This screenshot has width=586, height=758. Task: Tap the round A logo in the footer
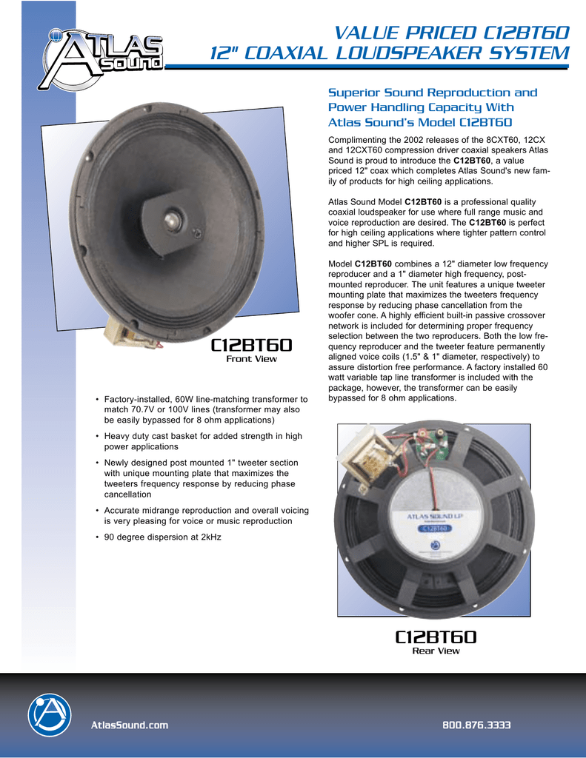[x=49, y=716]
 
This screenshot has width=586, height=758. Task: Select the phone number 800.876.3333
[x=476, y=725]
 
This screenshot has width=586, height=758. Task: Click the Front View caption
[x=251, y=359]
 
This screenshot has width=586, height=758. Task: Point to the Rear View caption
[x=436, y=651]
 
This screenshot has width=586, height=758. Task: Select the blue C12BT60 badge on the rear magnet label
[x=435, y=528]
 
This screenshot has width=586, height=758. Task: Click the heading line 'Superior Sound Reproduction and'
[x=432, y=93]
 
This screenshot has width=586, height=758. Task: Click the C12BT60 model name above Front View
[x=251, y=345]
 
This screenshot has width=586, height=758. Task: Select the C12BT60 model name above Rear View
[x=436, y=637]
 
